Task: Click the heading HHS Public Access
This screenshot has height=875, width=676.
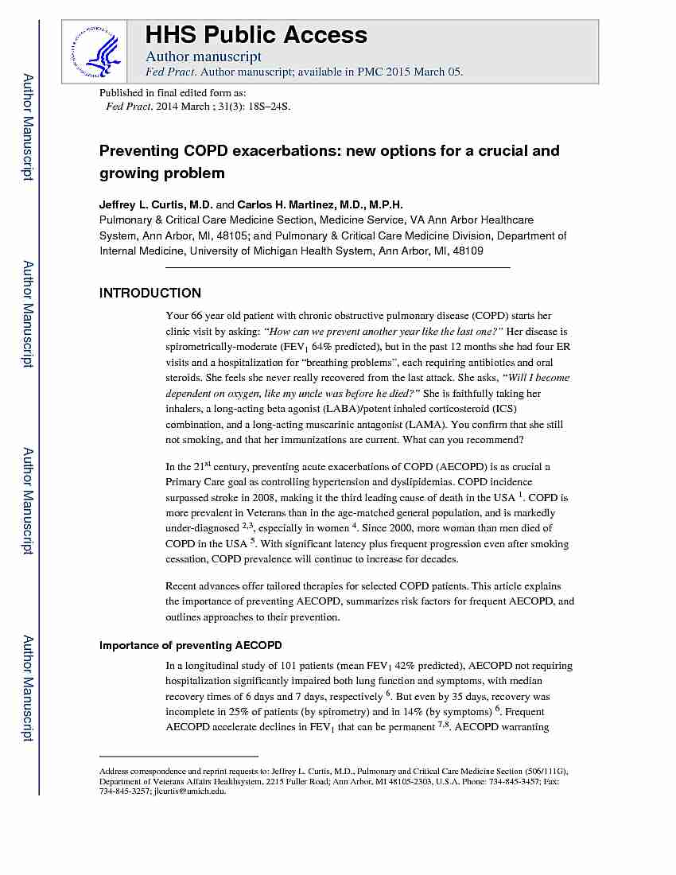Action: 255,35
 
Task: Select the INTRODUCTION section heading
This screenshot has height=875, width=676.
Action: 150,293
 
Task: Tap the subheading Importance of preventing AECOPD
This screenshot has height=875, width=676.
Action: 190,645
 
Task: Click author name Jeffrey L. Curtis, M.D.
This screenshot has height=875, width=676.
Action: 155,204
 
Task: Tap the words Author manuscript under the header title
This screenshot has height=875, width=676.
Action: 204,56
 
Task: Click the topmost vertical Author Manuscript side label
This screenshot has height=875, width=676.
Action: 28,127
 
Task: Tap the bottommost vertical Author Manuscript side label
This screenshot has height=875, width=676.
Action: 28,688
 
